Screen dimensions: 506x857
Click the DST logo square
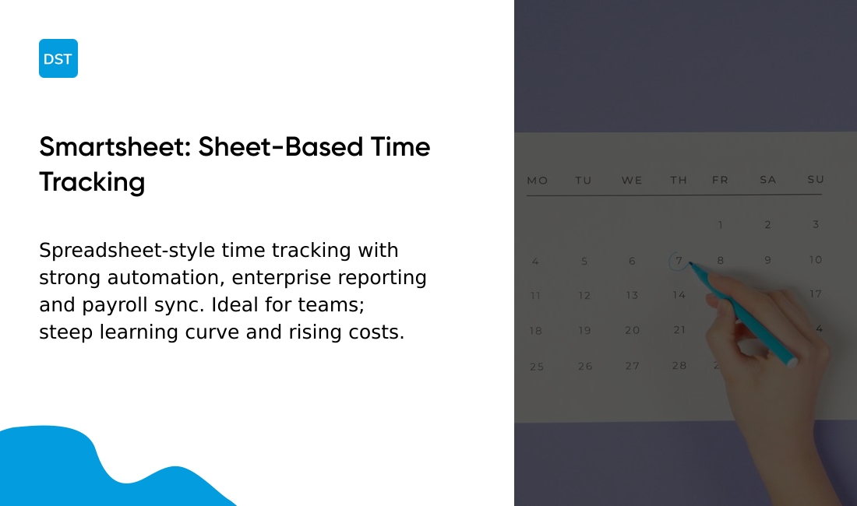point(58,58)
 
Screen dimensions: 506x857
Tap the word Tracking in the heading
point(92,181)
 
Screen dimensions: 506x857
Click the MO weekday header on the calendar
point(537,181)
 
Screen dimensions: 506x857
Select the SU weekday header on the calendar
point(816,180)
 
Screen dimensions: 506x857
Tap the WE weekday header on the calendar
point(632,181)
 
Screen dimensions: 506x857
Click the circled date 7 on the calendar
point(679,261)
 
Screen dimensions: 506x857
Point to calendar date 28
point(679,365)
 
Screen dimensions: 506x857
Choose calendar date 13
point(632,296)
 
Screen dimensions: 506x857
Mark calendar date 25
point(537,366)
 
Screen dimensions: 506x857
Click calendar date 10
point(816,260)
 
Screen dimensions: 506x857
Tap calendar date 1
point(721,225)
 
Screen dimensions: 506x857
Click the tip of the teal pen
point(691,265)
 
